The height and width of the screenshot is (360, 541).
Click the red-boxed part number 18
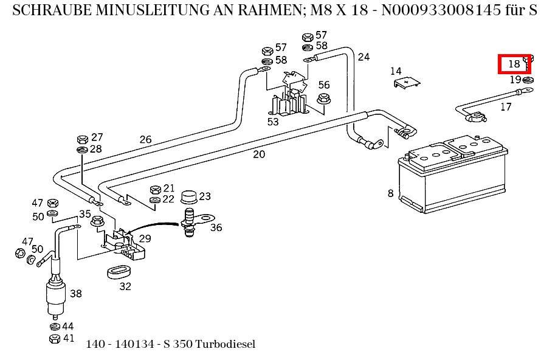coord(514,63)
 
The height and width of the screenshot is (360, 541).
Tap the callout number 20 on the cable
coord(259,154)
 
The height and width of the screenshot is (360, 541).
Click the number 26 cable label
coord(145,140)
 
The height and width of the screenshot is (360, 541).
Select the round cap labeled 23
coord(188,197)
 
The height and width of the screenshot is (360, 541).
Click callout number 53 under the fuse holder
coord(273,122)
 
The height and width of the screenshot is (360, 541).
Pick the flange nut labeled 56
coord(323,99)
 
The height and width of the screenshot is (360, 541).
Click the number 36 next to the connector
coord(216,228)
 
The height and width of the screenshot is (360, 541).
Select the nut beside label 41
coord(53,338)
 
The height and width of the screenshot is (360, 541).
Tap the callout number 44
coord(68,327)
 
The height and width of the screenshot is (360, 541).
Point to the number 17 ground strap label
coord(506,107)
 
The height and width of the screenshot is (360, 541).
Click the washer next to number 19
coord(528,80)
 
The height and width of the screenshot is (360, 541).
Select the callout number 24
coord(364,57)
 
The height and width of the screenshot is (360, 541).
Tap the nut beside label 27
coord(82,139)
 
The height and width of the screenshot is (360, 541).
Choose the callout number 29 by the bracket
coord(145,239)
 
